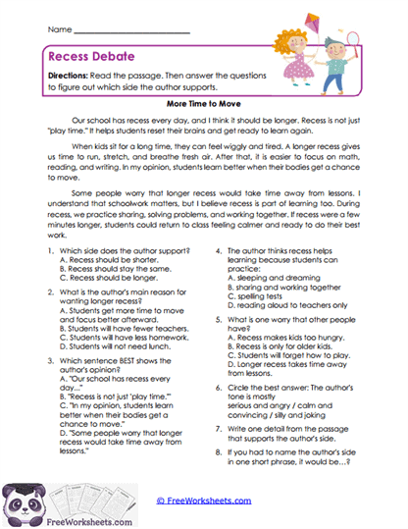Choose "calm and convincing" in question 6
(309, 414)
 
